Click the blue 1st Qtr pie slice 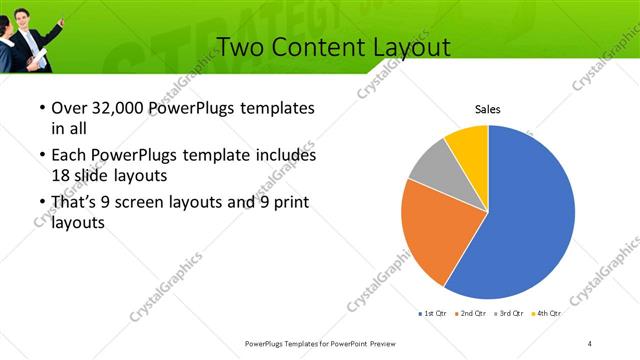tap(530, 220)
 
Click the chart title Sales tap(487, 109)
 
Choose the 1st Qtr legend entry tap(432, 314)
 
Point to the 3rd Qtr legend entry tap(508, 314)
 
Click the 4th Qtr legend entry tap(546, 314)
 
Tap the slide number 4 tap(590, 343)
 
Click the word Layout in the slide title tap(409, 47)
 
